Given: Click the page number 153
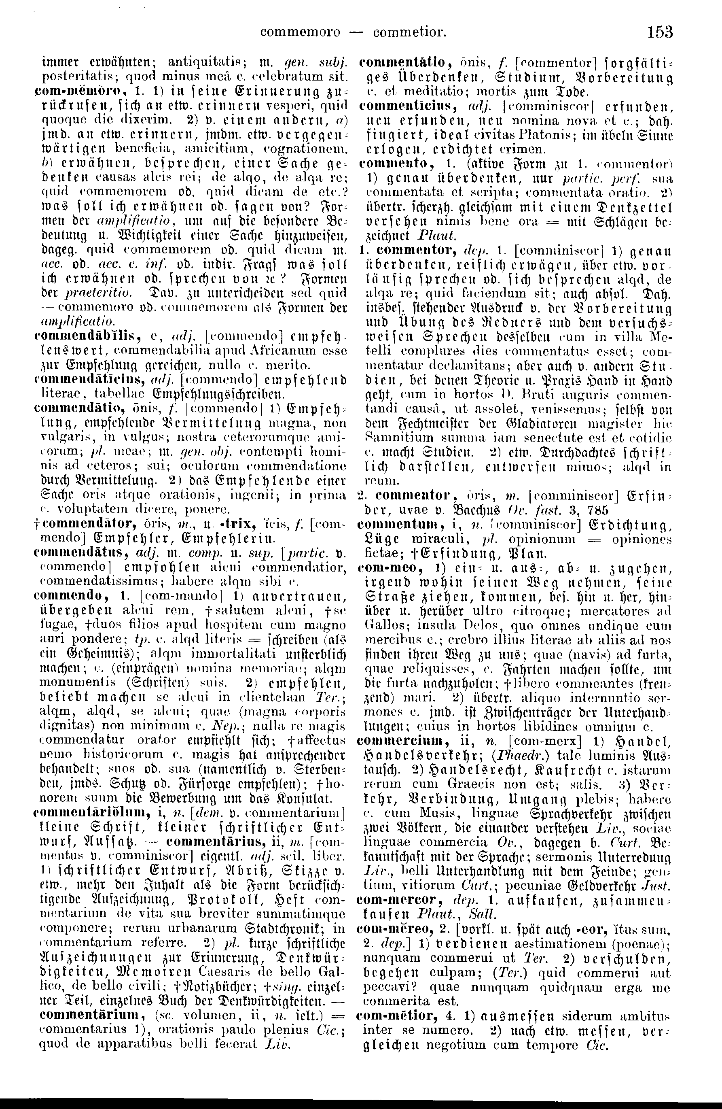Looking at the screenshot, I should point(660,32).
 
